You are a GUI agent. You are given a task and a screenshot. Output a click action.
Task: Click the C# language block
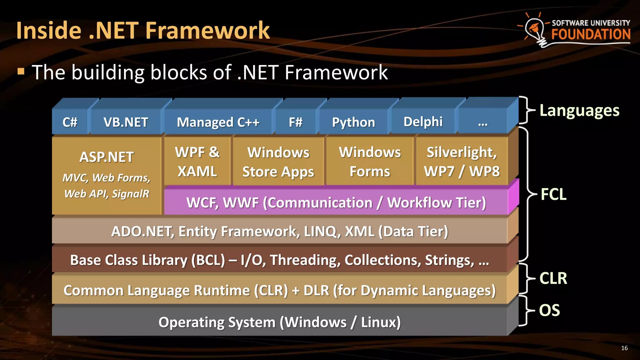click(70, 122)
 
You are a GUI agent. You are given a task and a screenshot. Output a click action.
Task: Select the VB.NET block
click(126, 122)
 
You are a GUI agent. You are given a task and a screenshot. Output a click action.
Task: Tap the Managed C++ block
click(218, 122)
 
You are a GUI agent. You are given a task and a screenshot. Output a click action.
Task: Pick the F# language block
click(295, 122)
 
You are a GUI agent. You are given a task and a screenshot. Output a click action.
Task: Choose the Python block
click(353, 122)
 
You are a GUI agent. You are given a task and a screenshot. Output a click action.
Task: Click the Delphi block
click(423, 122)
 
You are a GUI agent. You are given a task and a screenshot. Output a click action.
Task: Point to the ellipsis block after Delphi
click(482, 122)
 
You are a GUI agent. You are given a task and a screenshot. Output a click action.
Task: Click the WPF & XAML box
click(197, 162)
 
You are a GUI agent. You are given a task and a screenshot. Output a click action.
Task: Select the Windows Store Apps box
click(278, 162)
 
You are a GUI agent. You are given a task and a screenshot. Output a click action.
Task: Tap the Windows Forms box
click(370, 162)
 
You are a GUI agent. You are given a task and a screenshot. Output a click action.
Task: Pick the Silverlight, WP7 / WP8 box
click(462, 162)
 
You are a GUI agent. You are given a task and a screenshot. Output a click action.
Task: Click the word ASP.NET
click(107, 157)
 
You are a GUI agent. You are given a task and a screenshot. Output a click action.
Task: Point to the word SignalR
click(130, 194)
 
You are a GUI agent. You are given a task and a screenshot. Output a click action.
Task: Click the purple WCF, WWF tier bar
click(336, 202)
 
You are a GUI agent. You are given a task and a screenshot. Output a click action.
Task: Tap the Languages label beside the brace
click(579, 111)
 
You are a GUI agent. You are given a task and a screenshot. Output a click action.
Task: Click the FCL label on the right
click(553, 194)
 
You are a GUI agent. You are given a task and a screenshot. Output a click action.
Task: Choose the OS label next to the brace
click(549, 310)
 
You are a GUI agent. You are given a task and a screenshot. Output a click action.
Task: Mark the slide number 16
click(624, 348)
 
